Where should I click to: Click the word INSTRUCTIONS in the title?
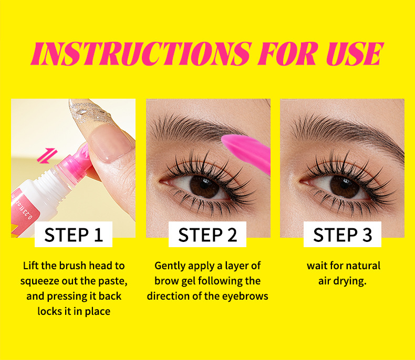(141, 54)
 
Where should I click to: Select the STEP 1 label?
(74, 235)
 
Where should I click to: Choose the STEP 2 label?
(207, 235)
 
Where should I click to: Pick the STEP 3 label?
(343, 235)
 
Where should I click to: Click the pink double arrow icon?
(47, 156)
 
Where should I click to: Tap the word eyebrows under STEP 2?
(245, 297)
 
